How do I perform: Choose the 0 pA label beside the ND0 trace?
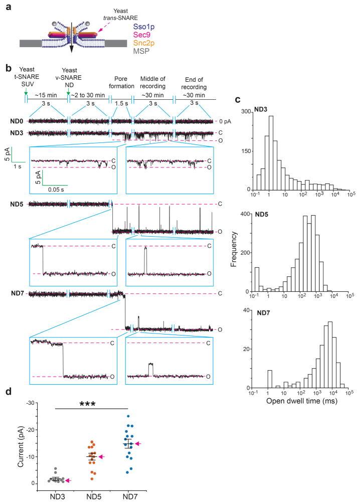click(224, 122)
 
